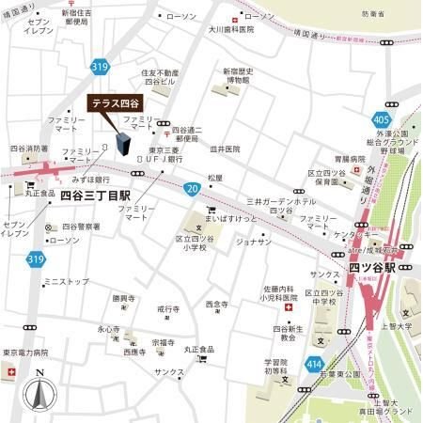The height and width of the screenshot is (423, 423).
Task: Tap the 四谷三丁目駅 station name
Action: click(x=95, y=196)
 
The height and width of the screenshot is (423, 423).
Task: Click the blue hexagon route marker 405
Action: click(x=382, y=120)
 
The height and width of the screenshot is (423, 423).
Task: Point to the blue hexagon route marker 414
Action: click(x=313, y=364)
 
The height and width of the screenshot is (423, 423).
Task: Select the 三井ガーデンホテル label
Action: click(x=280, y=201)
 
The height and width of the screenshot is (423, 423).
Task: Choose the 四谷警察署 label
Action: click(x=81, y=226)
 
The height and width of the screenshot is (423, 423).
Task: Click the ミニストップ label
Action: click(x=66, y=280)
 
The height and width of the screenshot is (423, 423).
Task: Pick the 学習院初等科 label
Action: click(x=275, y=367)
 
